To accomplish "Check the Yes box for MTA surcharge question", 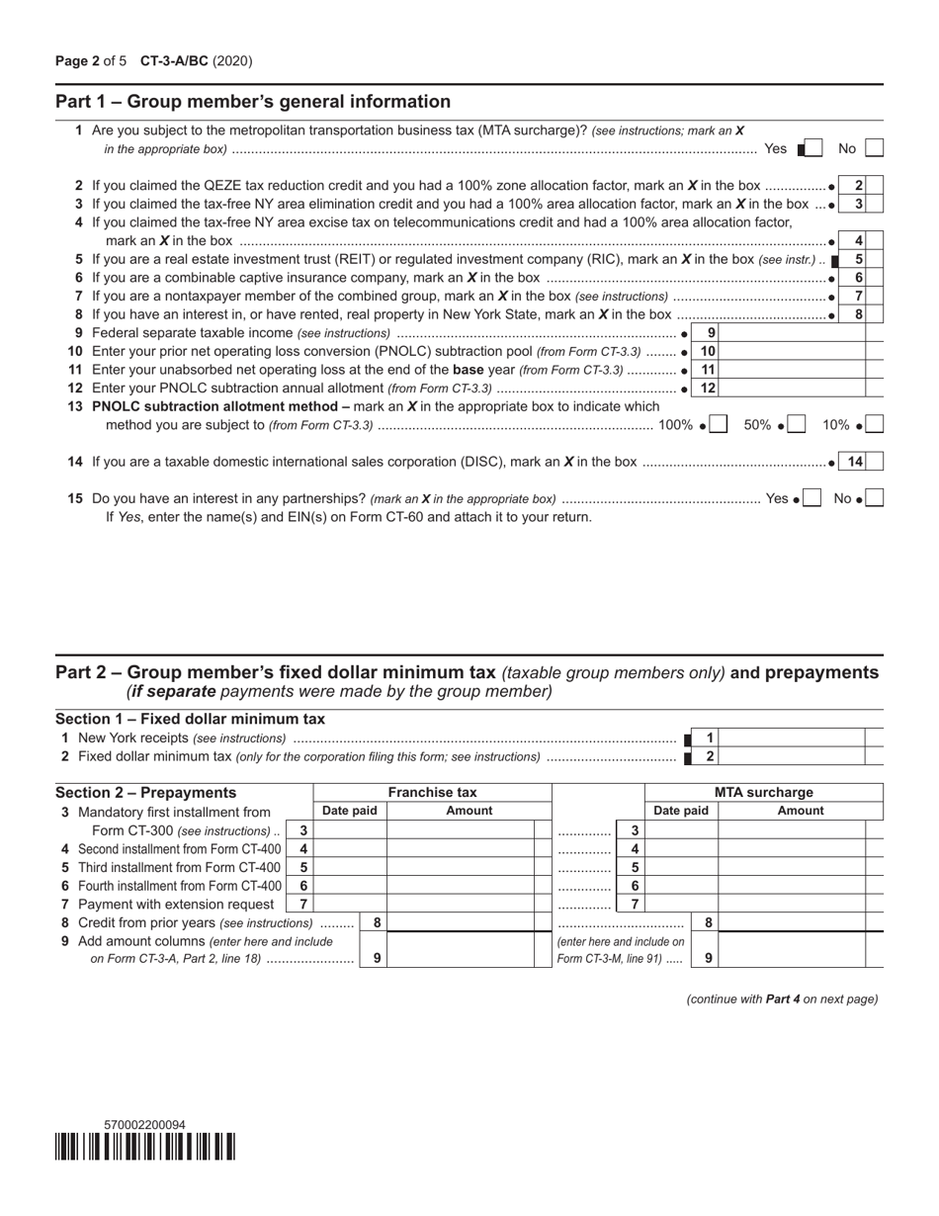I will point(812,148).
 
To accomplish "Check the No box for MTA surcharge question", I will point(874,148).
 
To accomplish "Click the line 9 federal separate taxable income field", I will point(792,333).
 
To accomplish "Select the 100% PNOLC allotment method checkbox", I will point(719,425).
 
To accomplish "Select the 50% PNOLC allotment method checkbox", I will point(797,425).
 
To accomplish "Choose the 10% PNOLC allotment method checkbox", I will point(874,425).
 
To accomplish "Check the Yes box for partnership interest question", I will point(811,499).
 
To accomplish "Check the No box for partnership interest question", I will point(874,499).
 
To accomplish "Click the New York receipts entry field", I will point(793,738).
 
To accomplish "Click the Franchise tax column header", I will point(432,792).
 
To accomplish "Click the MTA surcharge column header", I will point(763,792).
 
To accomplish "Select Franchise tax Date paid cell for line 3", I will point(350,830).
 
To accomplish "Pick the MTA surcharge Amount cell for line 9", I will point(792,950).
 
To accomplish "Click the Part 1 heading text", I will point(253,102).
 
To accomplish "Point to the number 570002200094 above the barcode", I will point(144,1125).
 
